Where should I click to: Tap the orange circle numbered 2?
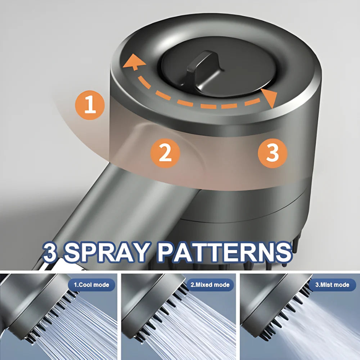click(165, 153)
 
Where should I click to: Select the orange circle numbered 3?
click(273, 153)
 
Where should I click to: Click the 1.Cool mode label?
click(91, 285)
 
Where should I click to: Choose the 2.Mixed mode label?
click(210, 285)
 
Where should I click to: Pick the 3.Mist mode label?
click(332, 285)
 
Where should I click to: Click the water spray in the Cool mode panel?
click(90, 328)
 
